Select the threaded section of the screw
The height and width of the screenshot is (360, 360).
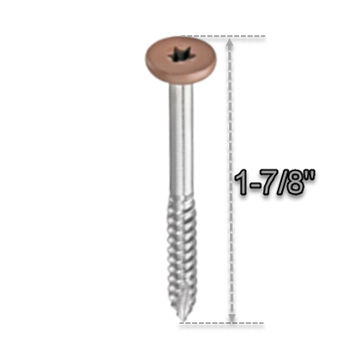click(183, 257)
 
